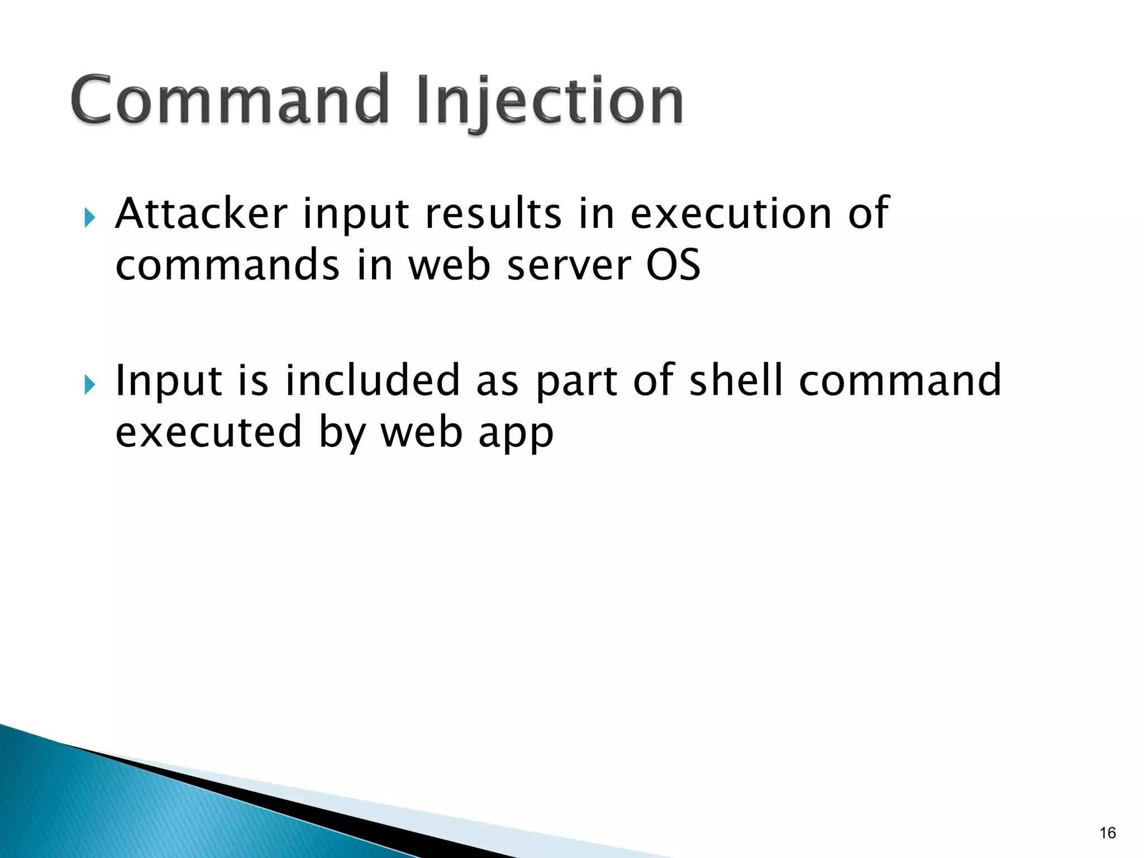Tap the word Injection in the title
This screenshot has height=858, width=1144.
550,101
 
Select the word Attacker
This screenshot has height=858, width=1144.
202,213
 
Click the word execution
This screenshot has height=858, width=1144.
731,213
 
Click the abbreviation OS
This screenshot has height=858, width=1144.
673,265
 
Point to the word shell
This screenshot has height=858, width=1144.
736,380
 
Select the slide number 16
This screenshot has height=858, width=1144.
1107,833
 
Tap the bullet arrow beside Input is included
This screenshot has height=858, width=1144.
89,384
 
